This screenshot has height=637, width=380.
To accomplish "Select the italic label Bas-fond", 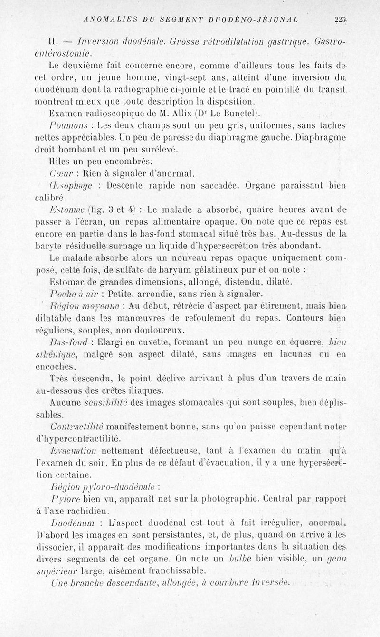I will click(67, 342).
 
